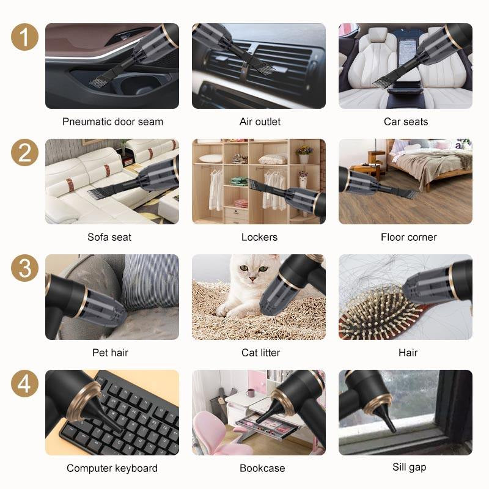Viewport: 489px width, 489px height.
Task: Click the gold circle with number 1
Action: [x=24, y=37]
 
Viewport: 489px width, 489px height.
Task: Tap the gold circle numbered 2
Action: [x=24, y=153]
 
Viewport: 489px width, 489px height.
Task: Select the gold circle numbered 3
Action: [x=24, y=268]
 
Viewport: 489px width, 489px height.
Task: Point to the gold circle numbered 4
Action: [x=24, y=384]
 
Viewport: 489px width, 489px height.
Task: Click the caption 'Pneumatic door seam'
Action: [x=112, y=122]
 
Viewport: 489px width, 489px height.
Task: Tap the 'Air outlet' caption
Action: [x=260, y=122]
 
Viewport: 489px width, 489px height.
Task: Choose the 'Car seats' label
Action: [x=406, y=122]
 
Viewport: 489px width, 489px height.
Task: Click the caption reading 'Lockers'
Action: [x=259, y=237]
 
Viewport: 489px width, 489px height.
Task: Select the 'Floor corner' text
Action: [x=408, y=237]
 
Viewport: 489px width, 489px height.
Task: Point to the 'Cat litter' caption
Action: [x=259, y=353]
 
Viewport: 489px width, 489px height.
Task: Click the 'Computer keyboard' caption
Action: [x=112, y=468]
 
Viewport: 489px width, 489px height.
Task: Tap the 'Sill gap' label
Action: [x=409, y=467]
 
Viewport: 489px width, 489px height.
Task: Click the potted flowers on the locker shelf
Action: [x=304, y=153]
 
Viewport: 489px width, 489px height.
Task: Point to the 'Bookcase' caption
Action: [x=259, y=468]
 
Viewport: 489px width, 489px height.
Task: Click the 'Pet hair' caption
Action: [x=110, y=353]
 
